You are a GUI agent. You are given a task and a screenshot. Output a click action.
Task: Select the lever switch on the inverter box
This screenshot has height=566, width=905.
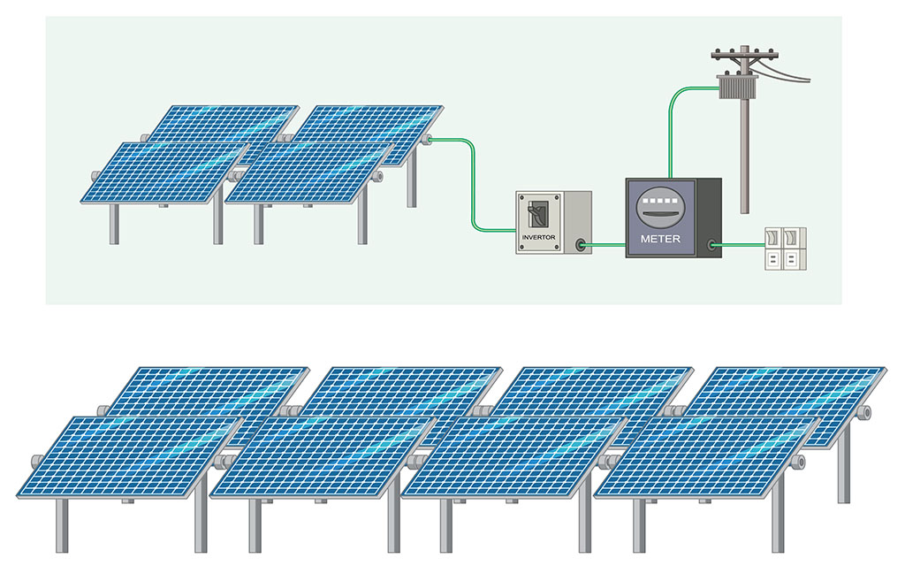[x=534, y=213]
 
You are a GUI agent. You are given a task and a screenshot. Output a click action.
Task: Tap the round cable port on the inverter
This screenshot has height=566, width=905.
[x=581, y=245]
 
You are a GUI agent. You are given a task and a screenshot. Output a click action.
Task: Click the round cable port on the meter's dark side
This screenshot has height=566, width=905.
[x=710, y=245]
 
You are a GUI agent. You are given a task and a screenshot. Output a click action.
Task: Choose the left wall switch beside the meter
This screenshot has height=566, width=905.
[x=772, y=238]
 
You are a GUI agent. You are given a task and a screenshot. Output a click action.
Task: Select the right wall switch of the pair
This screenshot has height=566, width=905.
[x=795, y=238]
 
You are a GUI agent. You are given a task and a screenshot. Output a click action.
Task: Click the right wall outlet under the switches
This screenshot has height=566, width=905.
[x=795, y=258]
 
